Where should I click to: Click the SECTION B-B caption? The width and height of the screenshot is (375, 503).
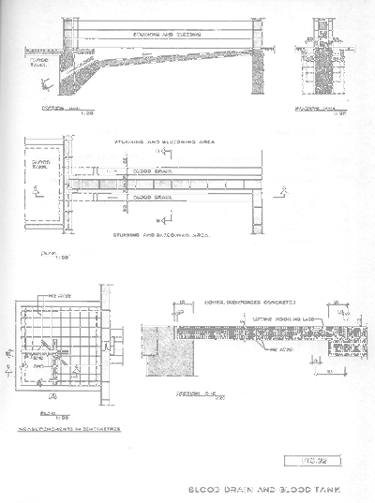312,107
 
